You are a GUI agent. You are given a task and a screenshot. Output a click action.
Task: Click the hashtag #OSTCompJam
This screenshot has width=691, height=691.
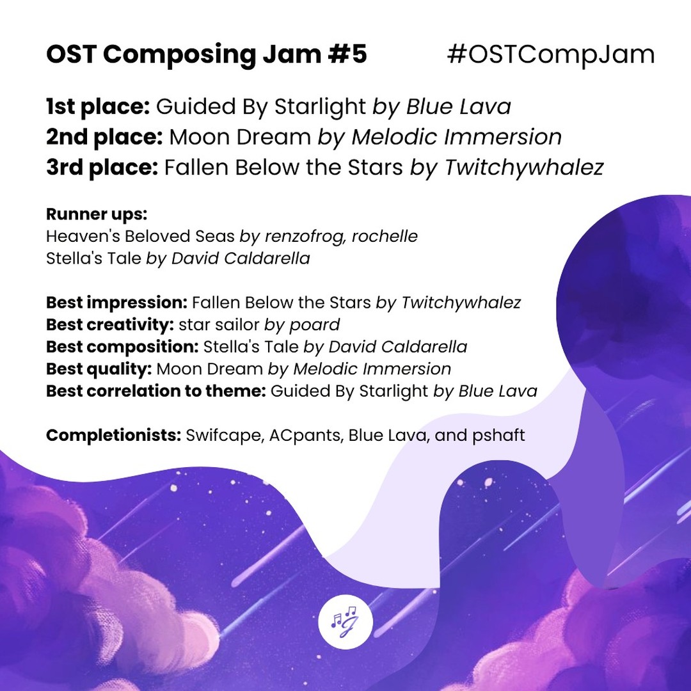point(551,55)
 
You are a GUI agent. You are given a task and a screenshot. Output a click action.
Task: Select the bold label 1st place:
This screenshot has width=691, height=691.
point(97,106)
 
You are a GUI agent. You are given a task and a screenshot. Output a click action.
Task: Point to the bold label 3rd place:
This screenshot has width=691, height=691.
point(102,168)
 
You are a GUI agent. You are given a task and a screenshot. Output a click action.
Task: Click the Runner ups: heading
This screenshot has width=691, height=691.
point(97,214)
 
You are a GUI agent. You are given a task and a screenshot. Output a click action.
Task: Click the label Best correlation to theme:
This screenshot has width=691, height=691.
point(155,391)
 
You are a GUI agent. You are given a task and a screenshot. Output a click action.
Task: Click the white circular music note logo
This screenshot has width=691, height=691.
point(345,621)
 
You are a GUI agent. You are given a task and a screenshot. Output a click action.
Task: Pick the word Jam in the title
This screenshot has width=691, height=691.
point(280,55)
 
